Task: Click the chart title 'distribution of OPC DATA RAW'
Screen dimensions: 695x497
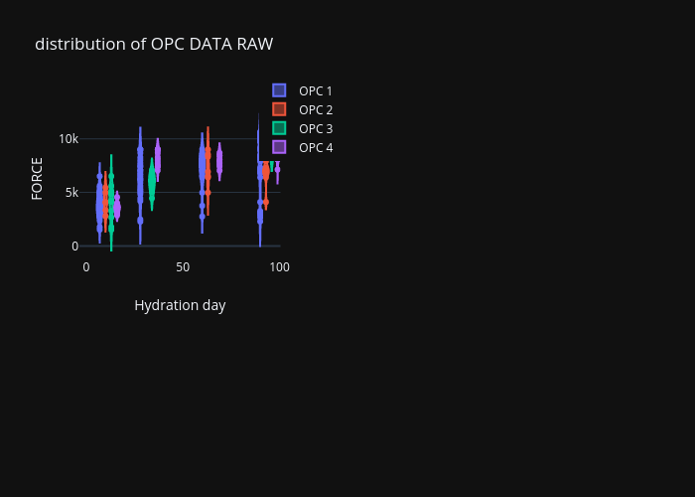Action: point(154,44)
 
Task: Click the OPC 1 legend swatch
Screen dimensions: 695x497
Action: point(279,90)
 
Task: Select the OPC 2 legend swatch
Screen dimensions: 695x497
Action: point(279,109)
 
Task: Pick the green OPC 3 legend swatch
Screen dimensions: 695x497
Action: point(279,128)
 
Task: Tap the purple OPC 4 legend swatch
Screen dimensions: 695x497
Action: point(279,147)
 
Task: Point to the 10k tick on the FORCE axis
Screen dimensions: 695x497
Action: point(69,139)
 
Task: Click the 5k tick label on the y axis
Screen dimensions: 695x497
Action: point(71,193)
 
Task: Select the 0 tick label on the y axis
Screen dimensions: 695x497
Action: point(74,247)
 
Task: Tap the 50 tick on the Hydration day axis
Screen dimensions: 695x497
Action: point(183,267)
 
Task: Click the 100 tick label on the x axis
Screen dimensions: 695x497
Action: point(280,267)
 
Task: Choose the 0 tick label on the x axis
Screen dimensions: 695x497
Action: point(86,267)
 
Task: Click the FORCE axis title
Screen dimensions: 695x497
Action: point(38,179)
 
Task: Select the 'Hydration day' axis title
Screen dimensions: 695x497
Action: point(180,305)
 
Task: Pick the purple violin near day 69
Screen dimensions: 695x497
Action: point(219,161)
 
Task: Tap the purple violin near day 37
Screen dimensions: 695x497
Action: point(158,160)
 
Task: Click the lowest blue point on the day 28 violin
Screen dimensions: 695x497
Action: point(140,221)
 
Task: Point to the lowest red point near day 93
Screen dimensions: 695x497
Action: point(266,202)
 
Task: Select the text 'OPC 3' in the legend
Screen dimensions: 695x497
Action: point(316,128)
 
